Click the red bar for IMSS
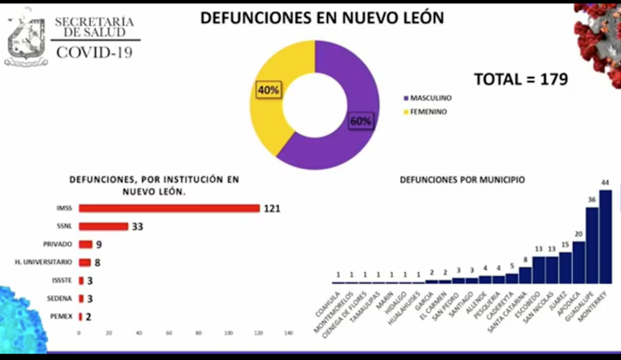[169, 209]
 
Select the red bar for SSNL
[103, 226]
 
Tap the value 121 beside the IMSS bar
[272, 209]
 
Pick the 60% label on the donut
[361, 121]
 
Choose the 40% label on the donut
[269, 90]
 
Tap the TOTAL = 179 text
[521, 79]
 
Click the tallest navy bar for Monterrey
[605, 237]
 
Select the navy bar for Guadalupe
[592, 245]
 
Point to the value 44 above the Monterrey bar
[605, 183]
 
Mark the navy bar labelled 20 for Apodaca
[579, 262]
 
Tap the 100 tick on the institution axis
[228, 333]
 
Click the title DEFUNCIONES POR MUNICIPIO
[462, 180]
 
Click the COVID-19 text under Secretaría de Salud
[94, 52]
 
